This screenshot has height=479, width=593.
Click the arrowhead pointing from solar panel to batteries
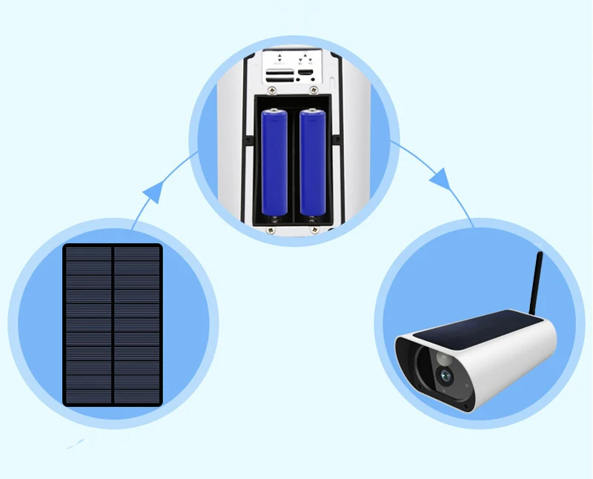pyautogui.click(x=153, y=194)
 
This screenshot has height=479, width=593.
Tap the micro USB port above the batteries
pyautogui.click(x=305, y=72)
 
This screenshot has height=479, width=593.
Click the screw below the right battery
pyautogui.click(x=313, y=230)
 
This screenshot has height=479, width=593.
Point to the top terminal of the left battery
pyautogui.click(x=274, y=110)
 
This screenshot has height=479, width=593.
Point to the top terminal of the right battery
pyautogui.click(x=312, y=110)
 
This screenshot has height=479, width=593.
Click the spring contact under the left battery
pyautogui.click(x=274, y=218)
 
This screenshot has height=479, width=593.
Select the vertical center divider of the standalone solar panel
pyautogui.click(x=112, y=325)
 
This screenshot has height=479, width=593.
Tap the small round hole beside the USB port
pyautogui.click(x=313, y=79)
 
